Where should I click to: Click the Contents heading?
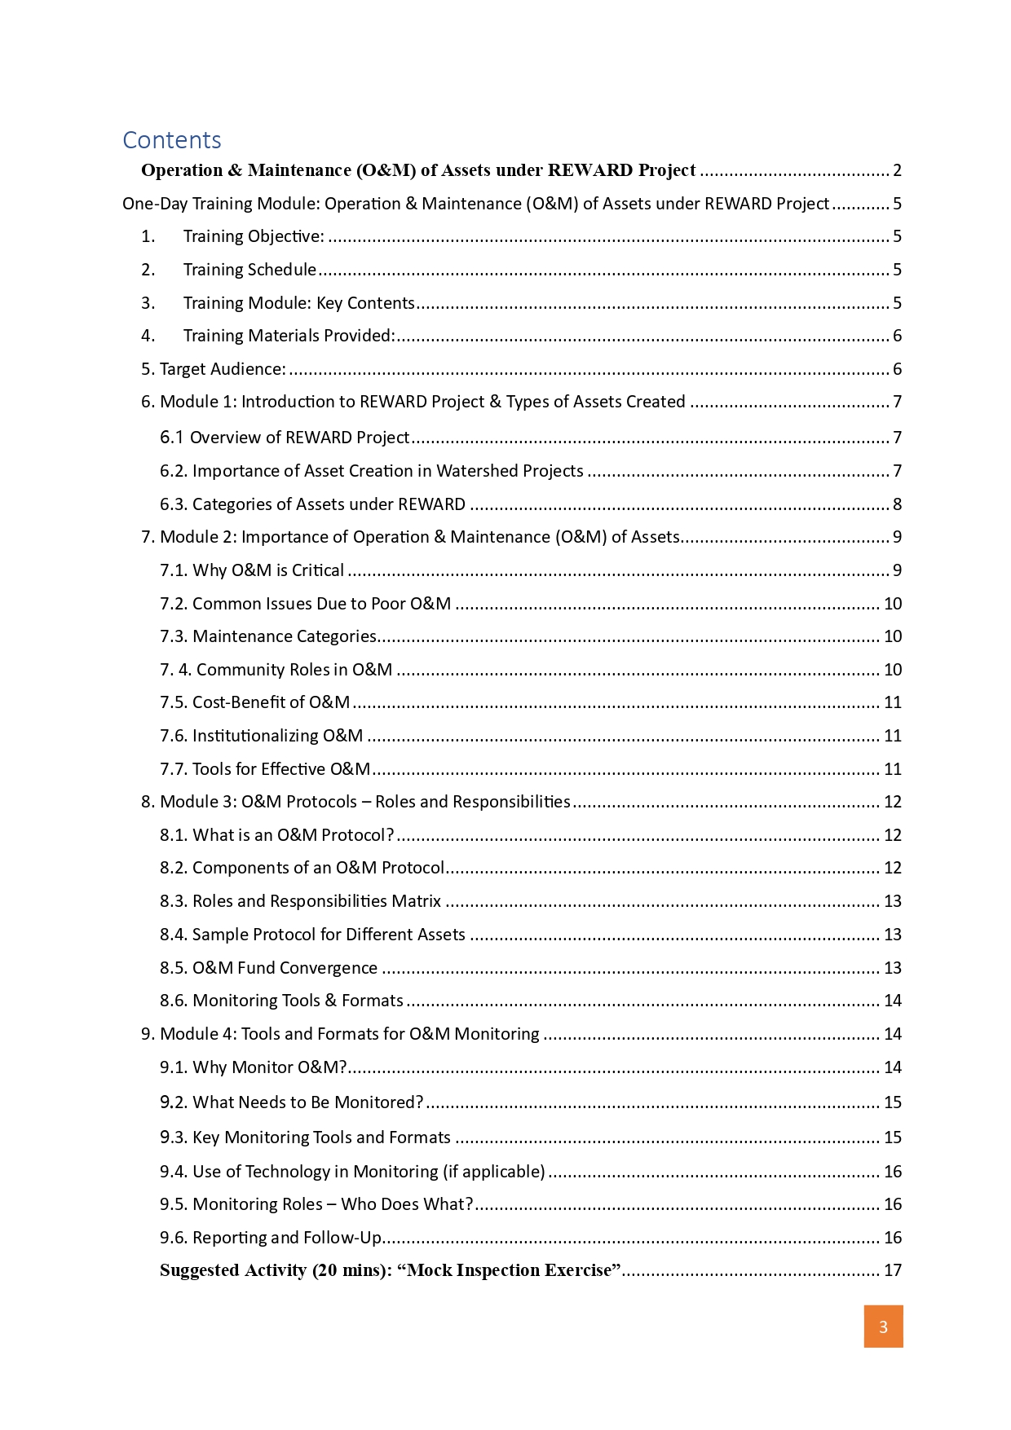(172, 140)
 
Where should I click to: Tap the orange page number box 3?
(883, 1327)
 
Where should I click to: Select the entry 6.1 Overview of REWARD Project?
(285, 438)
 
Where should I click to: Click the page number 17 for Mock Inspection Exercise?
(893, 1270)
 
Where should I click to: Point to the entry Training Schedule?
(249, 270)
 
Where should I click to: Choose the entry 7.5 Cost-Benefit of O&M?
(254, 702)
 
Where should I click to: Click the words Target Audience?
(223, 369)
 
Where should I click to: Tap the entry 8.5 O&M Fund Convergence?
(268, 968)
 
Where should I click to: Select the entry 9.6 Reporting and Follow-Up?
(271, 1238)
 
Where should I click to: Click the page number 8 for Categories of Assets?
(897, 504)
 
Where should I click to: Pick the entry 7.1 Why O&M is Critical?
(252, 570)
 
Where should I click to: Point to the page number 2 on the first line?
(897, 170)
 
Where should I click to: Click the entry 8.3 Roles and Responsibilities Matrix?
(300, 901)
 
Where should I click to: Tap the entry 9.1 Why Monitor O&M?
(254, 1067)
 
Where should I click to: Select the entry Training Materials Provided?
(289, 336)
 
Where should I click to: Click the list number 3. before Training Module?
(148, 303)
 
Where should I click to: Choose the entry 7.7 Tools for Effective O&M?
(265, 769)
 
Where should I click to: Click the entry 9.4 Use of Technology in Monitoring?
(352, 1172)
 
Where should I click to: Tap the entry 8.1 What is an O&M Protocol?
(277, 835)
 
